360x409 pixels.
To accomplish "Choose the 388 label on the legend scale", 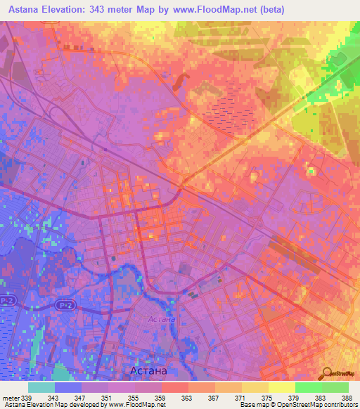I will tap(347, 398).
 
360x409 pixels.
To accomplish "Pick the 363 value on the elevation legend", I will tap(186, 398).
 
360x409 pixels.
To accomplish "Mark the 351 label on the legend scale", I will tap(106, 398).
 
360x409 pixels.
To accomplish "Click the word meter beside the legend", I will tap(10, 398).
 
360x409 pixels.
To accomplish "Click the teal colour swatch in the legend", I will tap(41, 387).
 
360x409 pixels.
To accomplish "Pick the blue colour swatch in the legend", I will tap(68, 387).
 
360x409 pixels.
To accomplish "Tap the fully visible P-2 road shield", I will tap(65, 306).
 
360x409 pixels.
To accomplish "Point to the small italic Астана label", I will tap(162, 320).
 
